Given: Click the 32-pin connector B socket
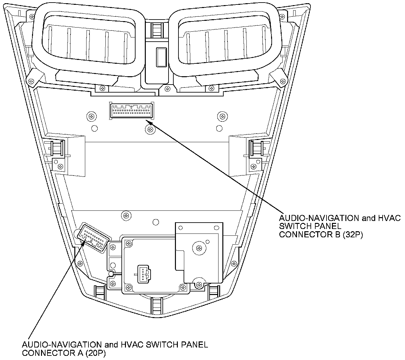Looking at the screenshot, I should [x=131, y=111].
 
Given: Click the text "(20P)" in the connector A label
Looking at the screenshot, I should [x=95, y=353].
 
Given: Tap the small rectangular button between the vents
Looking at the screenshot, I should [x=161, y=57].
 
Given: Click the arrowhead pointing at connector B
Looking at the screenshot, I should [x=148, y=121].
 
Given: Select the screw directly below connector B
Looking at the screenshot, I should [x=150, y=129].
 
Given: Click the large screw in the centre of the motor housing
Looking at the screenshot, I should [x=199, y=248].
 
